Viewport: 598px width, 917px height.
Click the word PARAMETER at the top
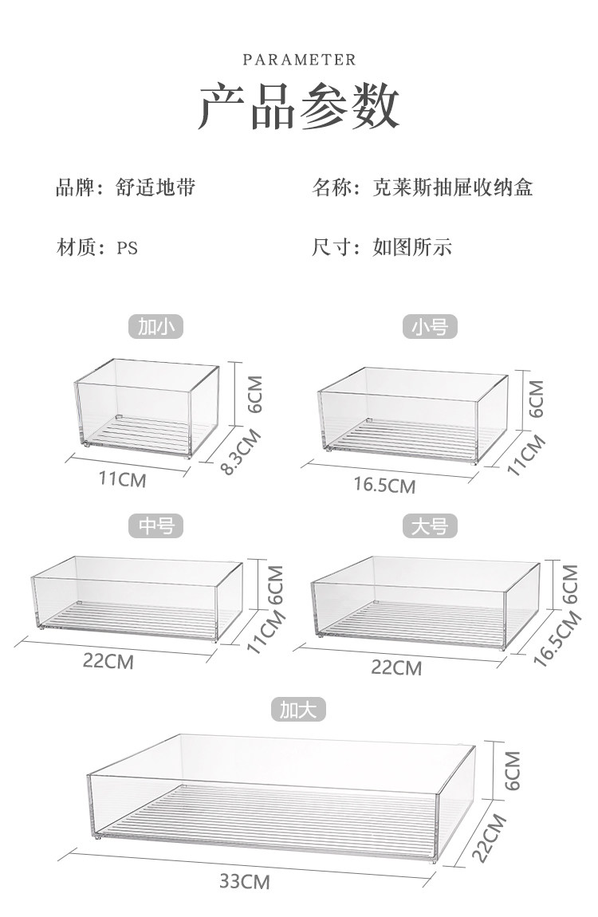[299, 60]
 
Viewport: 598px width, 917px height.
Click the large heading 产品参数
[299, 107]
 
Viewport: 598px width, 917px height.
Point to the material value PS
[128, 248]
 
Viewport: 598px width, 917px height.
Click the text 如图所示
[412, 247]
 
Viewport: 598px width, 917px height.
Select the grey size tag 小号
[430, 326]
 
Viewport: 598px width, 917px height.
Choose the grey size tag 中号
[156, 525]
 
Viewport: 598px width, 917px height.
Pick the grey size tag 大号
[430, 525]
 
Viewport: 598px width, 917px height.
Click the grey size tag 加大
[299, 710]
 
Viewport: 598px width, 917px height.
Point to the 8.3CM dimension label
[241, 453]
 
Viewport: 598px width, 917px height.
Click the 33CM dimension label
[245, 881]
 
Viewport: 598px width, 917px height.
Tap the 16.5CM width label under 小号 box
[386, 485]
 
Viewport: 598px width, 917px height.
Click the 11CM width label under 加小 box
[123, 479]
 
